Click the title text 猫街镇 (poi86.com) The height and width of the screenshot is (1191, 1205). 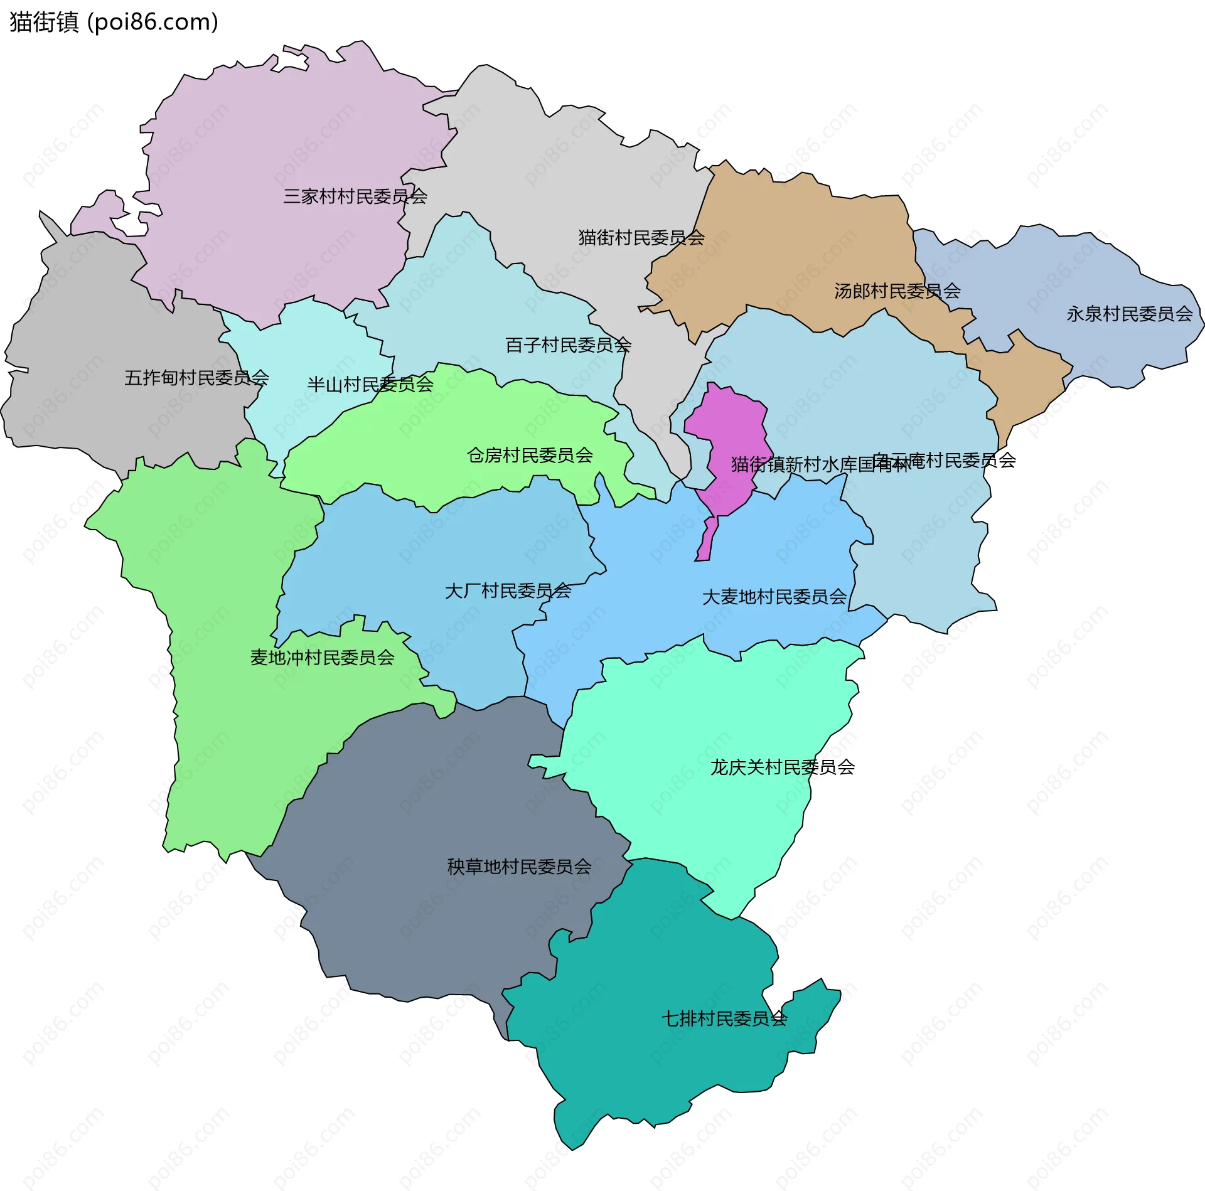tap(114, 22)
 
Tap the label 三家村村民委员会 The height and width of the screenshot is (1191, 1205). tap(355, 196)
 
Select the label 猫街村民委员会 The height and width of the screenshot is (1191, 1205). tap(641, 238)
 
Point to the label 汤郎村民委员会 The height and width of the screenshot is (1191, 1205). tap(897, 291)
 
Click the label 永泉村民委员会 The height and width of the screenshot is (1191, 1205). tap(1129, 314)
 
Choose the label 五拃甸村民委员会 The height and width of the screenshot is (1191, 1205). tap(196, 378)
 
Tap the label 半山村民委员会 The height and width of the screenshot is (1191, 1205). tap(370, 385)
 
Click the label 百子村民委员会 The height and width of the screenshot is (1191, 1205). tap(568, 345)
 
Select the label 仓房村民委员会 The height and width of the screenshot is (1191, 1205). tap(530, 456)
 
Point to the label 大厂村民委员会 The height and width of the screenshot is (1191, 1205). tap(508, 591)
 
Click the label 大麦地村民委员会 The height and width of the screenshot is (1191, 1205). tap(774, 597)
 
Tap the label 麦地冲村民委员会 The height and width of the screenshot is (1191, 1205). tap(322, 658)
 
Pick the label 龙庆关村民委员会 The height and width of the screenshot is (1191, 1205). tap(782, 767)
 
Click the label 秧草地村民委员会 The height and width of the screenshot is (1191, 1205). tap(519, 867)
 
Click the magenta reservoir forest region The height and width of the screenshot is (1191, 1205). tap(728, 427)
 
